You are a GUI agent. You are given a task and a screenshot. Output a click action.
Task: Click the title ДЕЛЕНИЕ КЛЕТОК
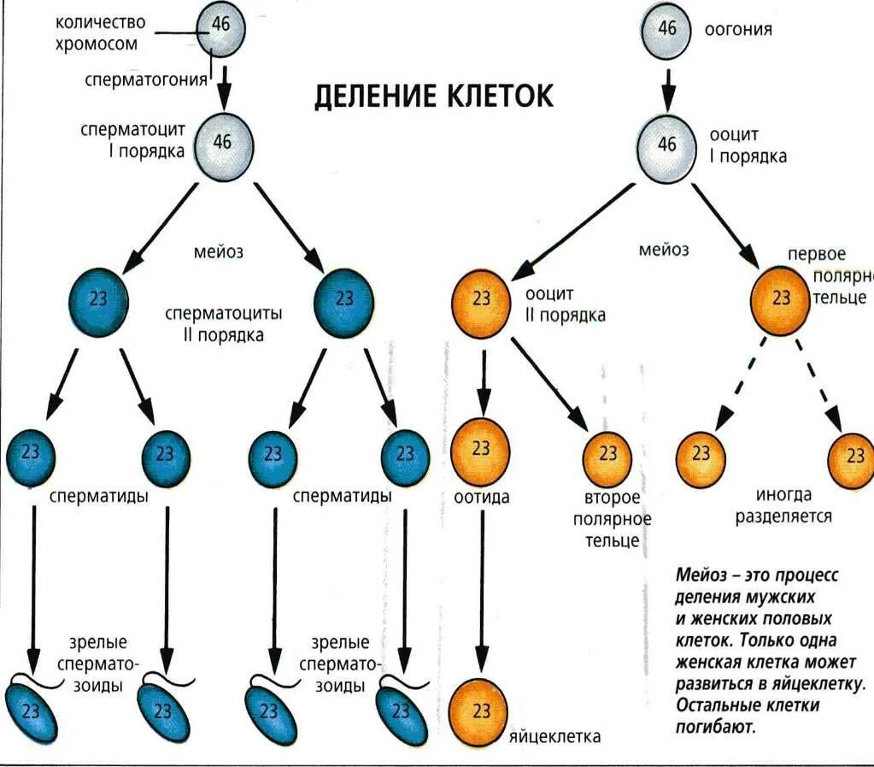[x=434, y=96]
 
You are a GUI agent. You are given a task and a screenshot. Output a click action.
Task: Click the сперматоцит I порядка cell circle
[x=222, y=143]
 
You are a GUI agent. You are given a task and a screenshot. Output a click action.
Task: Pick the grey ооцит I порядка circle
[x=668, y=145]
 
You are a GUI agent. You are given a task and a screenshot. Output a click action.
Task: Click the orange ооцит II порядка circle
[x=482, y=298]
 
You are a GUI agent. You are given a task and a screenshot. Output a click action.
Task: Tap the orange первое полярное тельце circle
[x=781, y=298]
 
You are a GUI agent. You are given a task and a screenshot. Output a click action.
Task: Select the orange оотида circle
[x=481, y=449]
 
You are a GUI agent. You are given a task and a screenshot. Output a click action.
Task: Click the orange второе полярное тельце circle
[x=608, y=454]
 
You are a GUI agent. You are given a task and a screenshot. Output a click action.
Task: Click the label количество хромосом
[x=100, y=32]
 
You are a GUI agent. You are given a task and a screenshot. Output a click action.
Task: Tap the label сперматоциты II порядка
[x=224, y=324]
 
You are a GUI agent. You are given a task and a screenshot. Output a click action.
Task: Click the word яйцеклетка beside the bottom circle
[x=555, y=737]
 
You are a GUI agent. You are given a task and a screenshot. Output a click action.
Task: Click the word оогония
[x=738, y=30]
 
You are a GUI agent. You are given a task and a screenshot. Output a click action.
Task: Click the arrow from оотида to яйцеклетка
[x=481, y=581]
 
